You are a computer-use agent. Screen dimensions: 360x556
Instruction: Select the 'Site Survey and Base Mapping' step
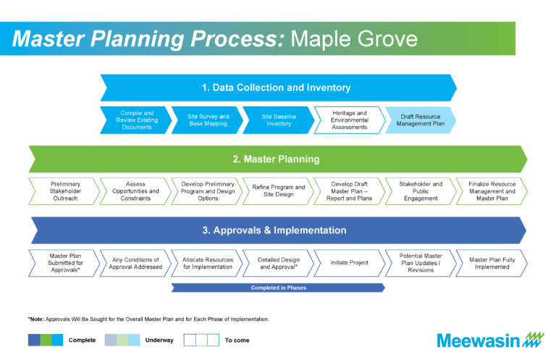point(208,120)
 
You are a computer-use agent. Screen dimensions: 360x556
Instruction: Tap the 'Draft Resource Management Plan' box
point(421,120)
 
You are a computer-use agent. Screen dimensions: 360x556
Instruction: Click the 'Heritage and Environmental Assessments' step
point(350,120)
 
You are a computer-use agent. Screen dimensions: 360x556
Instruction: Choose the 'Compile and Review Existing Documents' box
point(136,120)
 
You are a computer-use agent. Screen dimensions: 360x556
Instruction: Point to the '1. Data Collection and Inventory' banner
point(278,88)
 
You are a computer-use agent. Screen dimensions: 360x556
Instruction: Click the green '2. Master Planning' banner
point(278,159)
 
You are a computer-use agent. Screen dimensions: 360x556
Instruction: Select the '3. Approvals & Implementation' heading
point(278,230)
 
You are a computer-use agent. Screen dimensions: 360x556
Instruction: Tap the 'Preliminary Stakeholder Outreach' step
point(65,191)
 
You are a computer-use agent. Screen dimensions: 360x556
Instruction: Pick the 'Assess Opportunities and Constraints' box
point(136,191)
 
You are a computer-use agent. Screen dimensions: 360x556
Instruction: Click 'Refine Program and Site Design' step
point(279,191)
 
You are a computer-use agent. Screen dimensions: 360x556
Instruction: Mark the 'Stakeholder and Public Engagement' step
point(421,191)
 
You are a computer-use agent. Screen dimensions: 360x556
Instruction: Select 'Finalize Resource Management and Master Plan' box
point(492,191)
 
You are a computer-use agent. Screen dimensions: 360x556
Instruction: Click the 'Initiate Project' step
point(350,262)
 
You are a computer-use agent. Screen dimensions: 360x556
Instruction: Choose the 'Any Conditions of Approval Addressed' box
point(136,262)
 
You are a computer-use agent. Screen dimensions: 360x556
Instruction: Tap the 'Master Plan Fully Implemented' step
point(492,262)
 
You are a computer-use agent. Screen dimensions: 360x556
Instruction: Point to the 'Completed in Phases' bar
point(278,288)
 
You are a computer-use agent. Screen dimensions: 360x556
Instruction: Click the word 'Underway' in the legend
point(159,340)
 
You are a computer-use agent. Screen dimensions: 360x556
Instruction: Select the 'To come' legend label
point(237,340)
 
